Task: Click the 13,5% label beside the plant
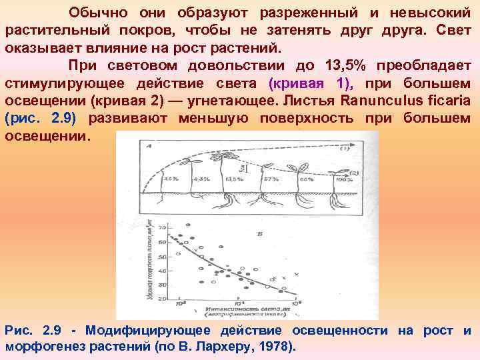point(235,179)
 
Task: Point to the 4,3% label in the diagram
point(202,179)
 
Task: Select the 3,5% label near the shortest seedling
point(171,179)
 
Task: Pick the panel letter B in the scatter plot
point(259,234)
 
